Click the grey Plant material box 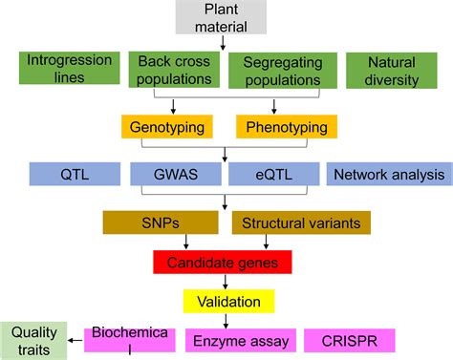[x=226, y=17]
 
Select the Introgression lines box [x=69, y=68]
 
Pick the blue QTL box [x=73, y=174]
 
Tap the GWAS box [x=173, y=174]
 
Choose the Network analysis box [x=387, y=174]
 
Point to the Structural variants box [x=301, y=222]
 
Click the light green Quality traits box [x=33, y=340]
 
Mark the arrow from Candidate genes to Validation [x=225, y=282]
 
